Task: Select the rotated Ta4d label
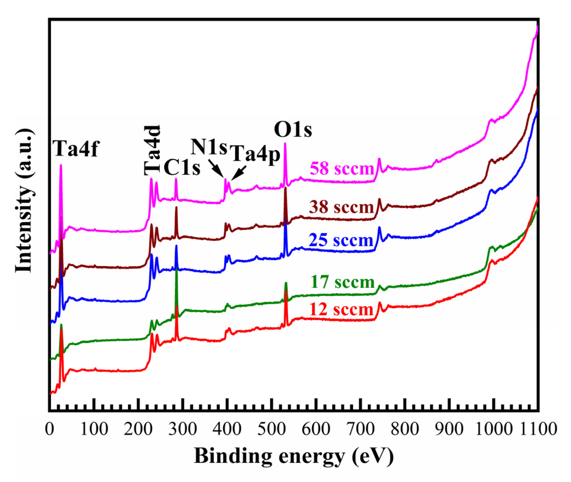[x=152, y=150]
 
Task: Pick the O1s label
[x=293, y=130]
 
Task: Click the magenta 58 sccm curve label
[x=342, y=169]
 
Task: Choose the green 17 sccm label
[x=342, y=282]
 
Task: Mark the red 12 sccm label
[x=342, y=310]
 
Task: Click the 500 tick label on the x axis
[x=272, y=429]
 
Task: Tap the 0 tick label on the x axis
[x=49, y=429]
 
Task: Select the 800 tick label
[x=405, y=429]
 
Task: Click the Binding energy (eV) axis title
[x=294, y=456]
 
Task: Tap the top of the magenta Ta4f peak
[x=61, y=165]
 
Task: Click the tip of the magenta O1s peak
[x=285, y=143]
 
